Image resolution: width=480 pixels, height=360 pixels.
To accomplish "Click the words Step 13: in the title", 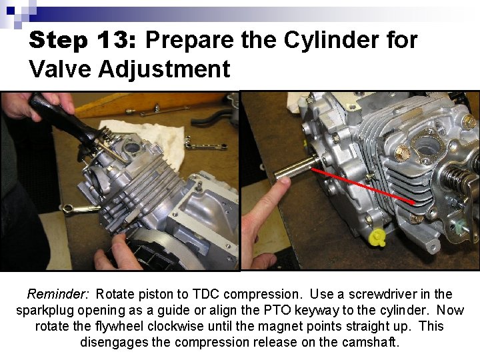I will [x=82, y=41].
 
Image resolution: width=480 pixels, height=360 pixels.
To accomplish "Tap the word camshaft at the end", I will [x=371, y=343].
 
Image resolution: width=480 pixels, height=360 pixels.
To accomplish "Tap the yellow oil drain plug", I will [x=378, y=237].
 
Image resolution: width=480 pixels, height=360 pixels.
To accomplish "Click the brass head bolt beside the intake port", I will [x=404, y=153].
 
